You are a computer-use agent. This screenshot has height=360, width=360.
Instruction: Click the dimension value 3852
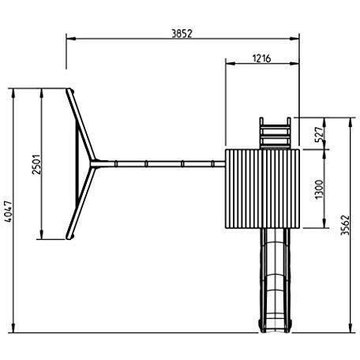click(182, 34)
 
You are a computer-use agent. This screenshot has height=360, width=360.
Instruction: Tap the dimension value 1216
click(261, 58)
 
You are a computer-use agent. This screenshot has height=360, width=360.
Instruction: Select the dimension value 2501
click(36, 164)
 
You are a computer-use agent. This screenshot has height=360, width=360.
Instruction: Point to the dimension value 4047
click(9, 212)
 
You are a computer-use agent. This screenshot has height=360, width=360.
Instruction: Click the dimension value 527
click(319, 134)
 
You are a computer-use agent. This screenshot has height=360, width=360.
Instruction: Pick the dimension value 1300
click(319, 189)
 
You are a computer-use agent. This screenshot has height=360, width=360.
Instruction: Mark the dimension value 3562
click(345, 225)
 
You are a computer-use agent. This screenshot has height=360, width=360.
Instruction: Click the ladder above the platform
click(275, 133)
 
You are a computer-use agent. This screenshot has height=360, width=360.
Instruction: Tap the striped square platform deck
click(262, 189)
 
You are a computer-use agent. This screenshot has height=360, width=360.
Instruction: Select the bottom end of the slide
click(275, 328)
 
